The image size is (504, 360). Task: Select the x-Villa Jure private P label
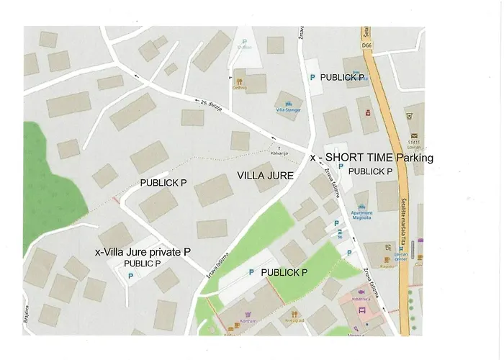pyautogui.click(x=143, y=252)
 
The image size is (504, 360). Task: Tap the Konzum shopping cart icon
pyautogui.click(x=248, y=314)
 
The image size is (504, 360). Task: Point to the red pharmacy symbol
pyautogui.click(x=367, y=112)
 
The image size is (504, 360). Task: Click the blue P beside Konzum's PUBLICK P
pyautogui.click(x=251, y=272)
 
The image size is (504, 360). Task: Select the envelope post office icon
pyautogui.click(x=414, y=135)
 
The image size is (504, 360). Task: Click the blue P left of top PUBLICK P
pyautogui.click(x=312, y=76)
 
